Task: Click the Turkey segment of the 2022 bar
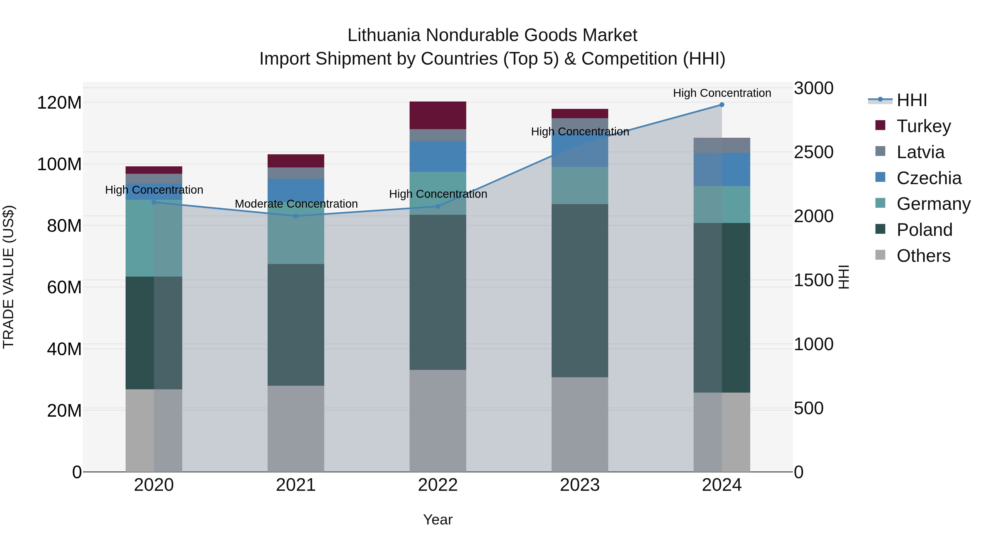(438, 115)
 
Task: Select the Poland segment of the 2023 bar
(580, 291)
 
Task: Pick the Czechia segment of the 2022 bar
(438, 156)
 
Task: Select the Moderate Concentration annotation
(296, 204)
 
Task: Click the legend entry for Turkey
(923, 126)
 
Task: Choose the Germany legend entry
(933, 204)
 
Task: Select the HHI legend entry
(912, 100)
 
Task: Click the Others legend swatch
(880, 255)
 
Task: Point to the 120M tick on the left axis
(59, 103)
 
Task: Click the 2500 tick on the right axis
(813, 152)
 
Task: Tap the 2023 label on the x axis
(580, 485)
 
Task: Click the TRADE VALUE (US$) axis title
(9, 277)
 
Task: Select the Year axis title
(438, 520)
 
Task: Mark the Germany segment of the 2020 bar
(154, 238)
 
